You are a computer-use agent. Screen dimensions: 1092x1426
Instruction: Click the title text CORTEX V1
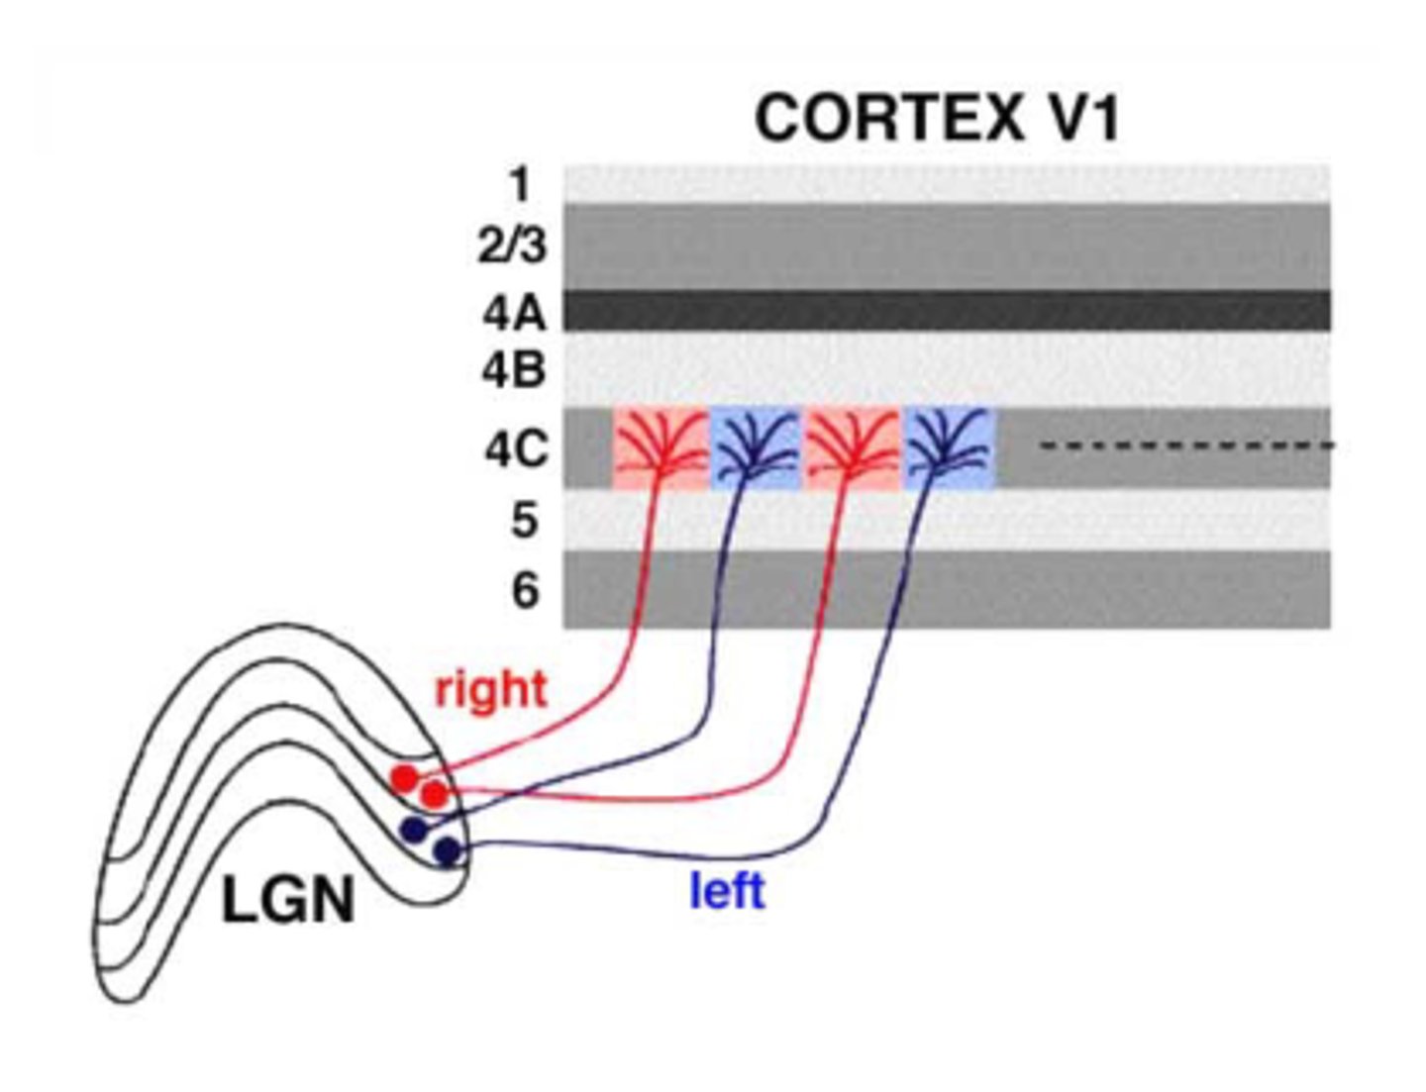click(937, 119)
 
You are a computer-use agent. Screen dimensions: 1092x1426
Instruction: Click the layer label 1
click(519, 184)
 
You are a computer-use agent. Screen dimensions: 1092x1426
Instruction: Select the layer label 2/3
click(511, 245)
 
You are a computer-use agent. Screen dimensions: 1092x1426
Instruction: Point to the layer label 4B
click(514, 369)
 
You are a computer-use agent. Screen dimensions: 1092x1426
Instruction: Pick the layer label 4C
click(515, 449)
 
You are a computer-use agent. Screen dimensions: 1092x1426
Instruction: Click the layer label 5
click(525, 520)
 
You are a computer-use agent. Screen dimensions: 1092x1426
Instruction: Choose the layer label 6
click(525, 590)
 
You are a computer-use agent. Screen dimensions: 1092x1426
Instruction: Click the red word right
click(490, 689)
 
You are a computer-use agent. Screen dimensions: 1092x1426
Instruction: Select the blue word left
click(727, 891)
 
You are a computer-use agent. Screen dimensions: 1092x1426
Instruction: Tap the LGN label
click(287, 903)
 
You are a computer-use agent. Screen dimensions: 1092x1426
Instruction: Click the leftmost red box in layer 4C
click(660, 447)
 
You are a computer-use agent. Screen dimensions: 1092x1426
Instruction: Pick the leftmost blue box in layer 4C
click(756, 447)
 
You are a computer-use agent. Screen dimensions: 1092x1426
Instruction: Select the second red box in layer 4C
click(853, 447)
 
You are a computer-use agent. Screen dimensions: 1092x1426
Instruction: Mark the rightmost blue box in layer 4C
click(949, 447)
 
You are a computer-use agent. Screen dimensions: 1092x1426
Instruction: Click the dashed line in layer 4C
click(1186, 447)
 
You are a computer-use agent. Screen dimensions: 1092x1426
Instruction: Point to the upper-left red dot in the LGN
click(404, 778)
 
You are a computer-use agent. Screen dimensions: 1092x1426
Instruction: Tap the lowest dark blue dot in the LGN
click(448, 850)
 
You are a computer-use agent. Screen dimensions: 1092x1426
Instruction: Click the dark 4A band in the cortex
click(947, 311)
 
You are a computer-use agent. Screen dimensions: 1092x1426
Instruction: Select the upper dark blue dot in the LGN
click(413, 829)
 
